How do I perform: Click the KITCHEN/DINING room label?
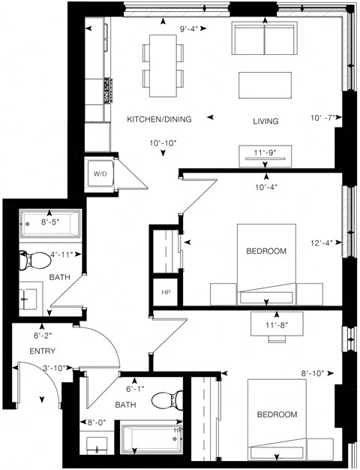159,119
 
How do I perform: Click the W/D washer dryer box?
100,173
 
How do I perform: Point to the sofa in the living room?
263,37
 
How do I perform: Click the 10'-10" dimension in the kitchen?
163,143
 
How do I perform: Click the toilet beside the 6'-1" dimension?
166,399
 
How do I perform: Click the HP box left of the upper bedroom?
164,291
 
